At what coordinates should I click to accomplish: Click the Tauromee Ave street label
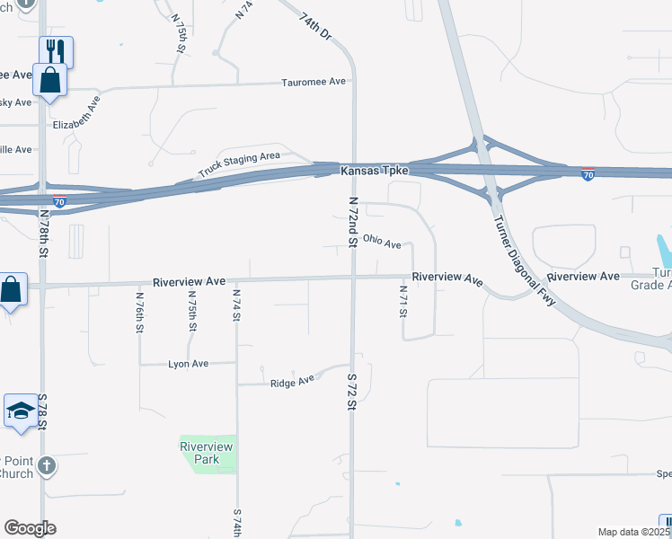coord(314,82)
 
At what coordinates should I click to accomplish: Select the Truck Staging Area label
coord(239,164)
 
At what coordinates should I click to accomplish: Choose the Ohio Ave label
coord(382,241)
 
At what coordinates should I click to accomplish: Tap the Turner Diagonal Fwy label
coord(522,263)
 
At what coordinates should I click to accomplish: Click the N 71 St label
coord(404,301)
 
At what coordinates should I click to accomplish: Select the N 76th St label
coord(140,312)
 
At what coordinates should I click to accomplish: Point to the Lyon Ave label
coord(189,364)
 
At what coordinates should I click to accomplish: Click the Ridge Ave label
coord(293,382)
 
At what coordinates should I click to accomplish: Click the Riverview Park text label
coord(207,453)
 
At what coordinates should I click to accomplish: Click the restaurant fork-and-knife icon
coord(55,50)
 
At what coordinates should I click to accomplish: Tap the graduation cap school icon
coord(20,411)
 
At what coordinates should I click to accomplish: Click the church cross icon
coord(48,466)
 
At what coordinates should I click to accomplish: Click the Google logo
coord(30,528)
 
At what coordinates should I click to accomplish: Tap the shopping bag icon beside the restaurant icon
coord(50,80)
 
